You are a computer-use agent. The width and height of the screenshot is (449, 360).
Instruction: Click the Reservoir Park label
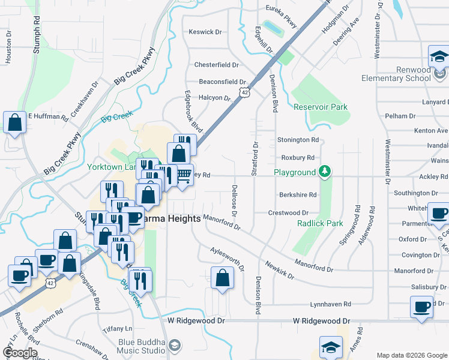tap(321, 107)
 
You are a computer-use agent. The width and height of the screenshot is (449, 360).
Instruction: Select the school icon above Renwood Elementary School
tap(439, 58)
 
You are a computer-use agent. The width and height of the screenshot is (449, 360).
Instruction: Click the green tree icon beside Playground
tap(325, 172)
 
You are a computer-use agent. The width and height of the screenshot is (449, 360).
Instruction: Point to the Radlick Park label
tap(320, 223)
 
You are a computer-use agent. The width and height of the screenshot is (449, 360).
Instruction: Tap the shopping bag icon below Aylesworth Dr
tap(222, 278)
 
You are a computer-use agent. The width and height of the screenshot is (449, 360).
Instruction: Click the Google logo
tap(20, 353)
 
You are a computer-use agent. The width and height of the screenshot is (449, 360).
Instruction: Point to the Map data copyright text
tap(411, 355)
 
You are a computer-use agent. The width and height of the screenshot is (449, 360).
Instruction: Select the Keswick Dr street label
tap(205, 32)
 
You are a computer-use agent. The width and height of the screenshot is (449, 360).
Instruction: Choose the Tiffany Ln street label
tap(117, 329)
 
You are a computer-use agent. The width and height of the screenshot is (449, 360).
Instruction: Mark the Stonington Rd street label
tap(298, 140)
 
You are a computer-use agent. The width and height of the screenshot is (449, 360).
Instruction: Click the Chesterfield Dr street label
tap(216, 65)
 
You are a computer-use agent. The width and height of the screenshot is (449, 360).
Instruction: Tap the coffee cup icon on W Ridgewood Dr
tap(421, 307)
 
